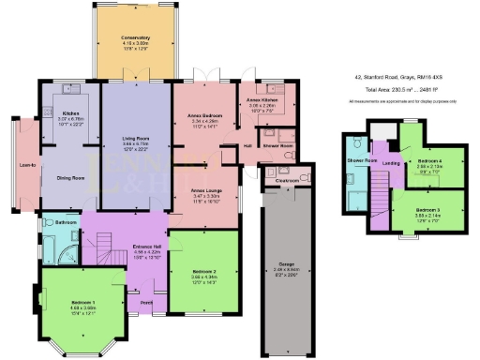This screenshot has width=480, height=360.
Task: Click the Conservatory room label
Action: pos(137,38)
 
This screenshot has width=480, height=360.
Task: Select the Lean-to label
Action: pos(26,166)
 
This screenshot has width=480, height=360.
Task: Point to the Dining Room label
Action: pos(71,177)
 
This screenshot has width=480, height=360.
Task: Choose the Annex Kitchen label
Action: pos(262,99)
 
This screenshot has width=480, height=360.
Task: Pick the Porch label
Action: pos(146,302)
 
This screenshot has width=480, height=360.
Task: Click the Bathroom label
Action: pos(66,222)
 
